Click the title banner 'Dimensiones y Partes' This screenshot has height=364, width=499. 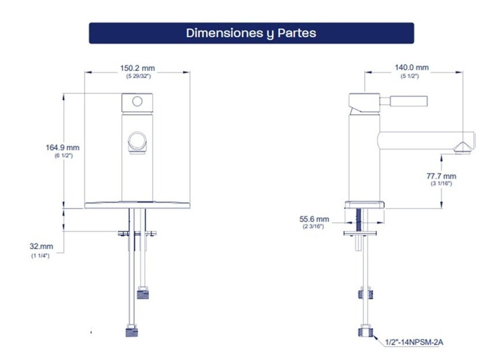click(x=251, y=33)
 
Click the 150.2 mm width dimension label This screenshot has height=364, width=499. click(x=137, y=68)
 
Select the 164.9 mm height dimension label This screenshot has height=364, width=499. click(x=63, y=147)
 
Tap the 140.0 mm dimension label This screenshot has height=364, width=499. click(x=412, y=67)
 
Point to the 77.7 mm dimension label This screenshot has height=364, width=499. click(x=441, y=176)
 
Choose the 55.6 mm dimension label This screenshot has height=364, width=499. click(x=314, y=219)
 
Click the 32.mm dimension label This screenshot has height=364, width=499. click(x=42, y=246)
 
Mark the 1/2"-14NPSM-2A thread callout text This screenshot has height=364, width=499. click(x=414, y=342)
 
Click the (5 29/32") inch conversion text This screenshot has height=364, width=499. click(x=139, y=76)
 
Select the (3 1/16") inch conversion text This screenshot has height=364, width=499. click(x=441, y=184)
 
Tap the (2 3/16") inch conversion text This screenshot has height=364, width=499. click(x=313, y=227)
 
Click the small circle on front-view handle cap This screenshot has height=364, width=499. click(x=137, y=101)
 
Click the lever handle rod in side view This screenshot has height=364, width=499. click(x=404, y=101)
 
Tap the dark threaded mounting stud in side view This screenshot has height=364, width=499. click(x=359, y=220)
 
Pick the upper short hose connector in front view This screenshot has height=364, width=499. click(x=143, y=293)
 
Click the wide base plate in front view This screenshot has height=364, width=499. click(x=137, y=205)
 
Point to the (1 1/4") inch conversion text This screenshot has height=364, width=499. click(x=40, y=256)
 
